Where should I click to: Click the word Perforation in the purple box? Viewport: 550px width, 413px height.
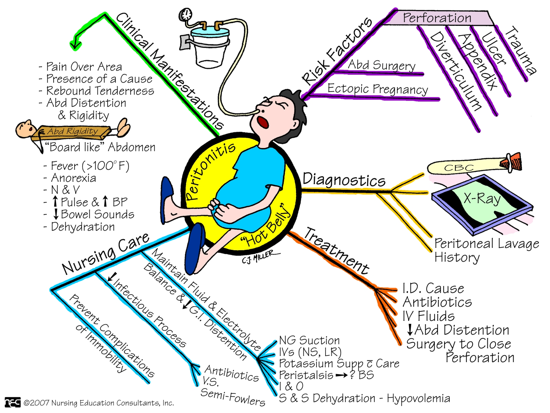point(437,18)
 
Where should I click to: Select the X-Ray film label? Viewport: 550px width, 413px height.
point(482,199)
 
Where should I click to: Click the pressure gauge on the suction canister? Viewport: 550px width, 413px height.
point(186,14)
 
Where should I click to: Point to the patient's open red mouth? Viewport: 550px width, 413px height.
point(263,122)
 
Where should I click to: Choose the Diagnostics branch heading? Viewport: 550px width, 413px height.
point(344,180)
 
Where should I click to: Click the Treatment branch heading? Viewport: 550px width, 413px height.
point(336,251)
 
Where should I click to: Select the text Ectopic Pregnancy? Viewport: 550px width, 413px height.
point(377,89)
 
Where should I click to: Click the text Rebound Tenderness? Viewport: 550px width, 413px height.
point(100,91)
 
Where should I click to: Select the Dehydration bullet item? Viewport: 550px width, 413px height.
point(82,227)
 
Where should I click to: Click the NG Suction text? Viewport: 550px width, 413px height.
point(309,340)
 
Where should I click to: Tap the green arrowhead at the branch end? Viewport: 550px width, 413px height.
point(75,44)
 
